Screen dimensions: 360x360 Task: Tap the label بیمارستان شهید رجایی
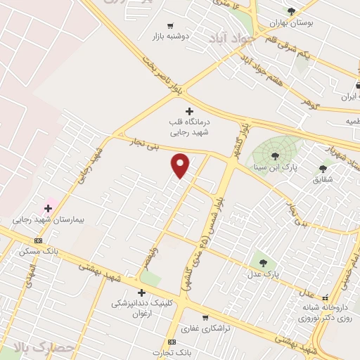[x=48, y=220]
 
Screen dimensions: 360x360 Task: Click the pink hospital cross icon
[x=48, y=208]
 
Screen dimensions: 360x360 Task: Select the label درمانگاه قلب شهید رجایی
[x=189, y=127]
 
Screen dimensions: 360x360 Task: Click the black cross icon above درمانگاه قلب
[x=188, y=111]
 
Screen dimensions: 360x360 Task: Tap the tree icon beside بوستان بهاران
[x=291, y=11]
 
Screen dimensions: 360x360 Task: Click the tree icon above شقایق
[x=323, y=168]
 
